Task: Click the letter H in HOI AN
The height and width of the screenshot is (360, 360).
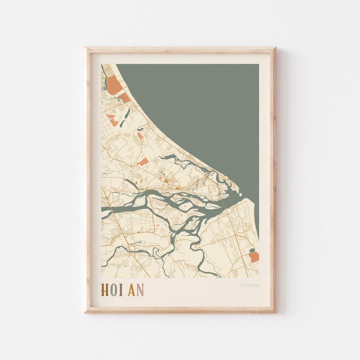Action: pyautogui.click(x=105, y=290)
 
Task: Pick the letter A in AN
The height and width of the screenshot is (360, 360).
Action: pyautogui.click(x=131, y=290)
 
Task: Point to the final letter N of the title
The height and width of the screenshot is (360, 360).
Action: pyautogui.click(x=140, y=290)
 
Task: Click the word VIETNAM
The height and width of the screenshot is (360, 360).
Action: pyautogui.click(x=248, y=285)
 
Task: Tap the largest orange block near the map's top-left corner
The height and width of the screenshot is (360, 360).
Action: pyautogui.click(x=114, y=85)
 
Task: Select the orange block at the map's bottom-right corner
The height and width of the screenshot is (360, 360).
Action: pyautogui.click(x=254, y=257)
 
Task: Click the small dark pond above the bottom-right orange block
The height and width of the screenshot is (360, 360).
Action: pyautogui.click(x=252, y=250)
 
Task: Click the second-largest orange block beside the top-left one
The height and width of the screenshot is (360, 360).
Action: pyautogui.click(x=124, y=98)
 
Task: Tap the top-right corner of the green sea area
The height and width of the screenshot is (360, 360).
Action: pyautogui.click(x=258, y=65)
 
